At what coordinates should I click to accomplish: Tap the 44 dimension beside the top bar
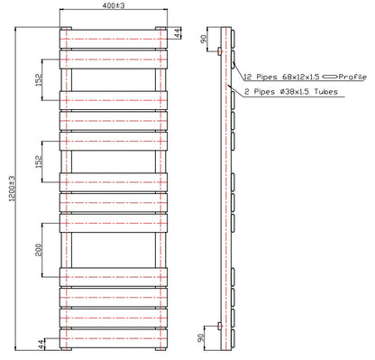point(178,34)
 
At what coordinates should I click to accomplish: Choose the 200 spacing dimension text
point(39,248)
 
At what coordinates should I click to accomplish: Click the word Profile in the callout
point(353,78)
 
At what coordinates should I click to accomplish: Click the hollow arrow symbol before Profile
point(329,78)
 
